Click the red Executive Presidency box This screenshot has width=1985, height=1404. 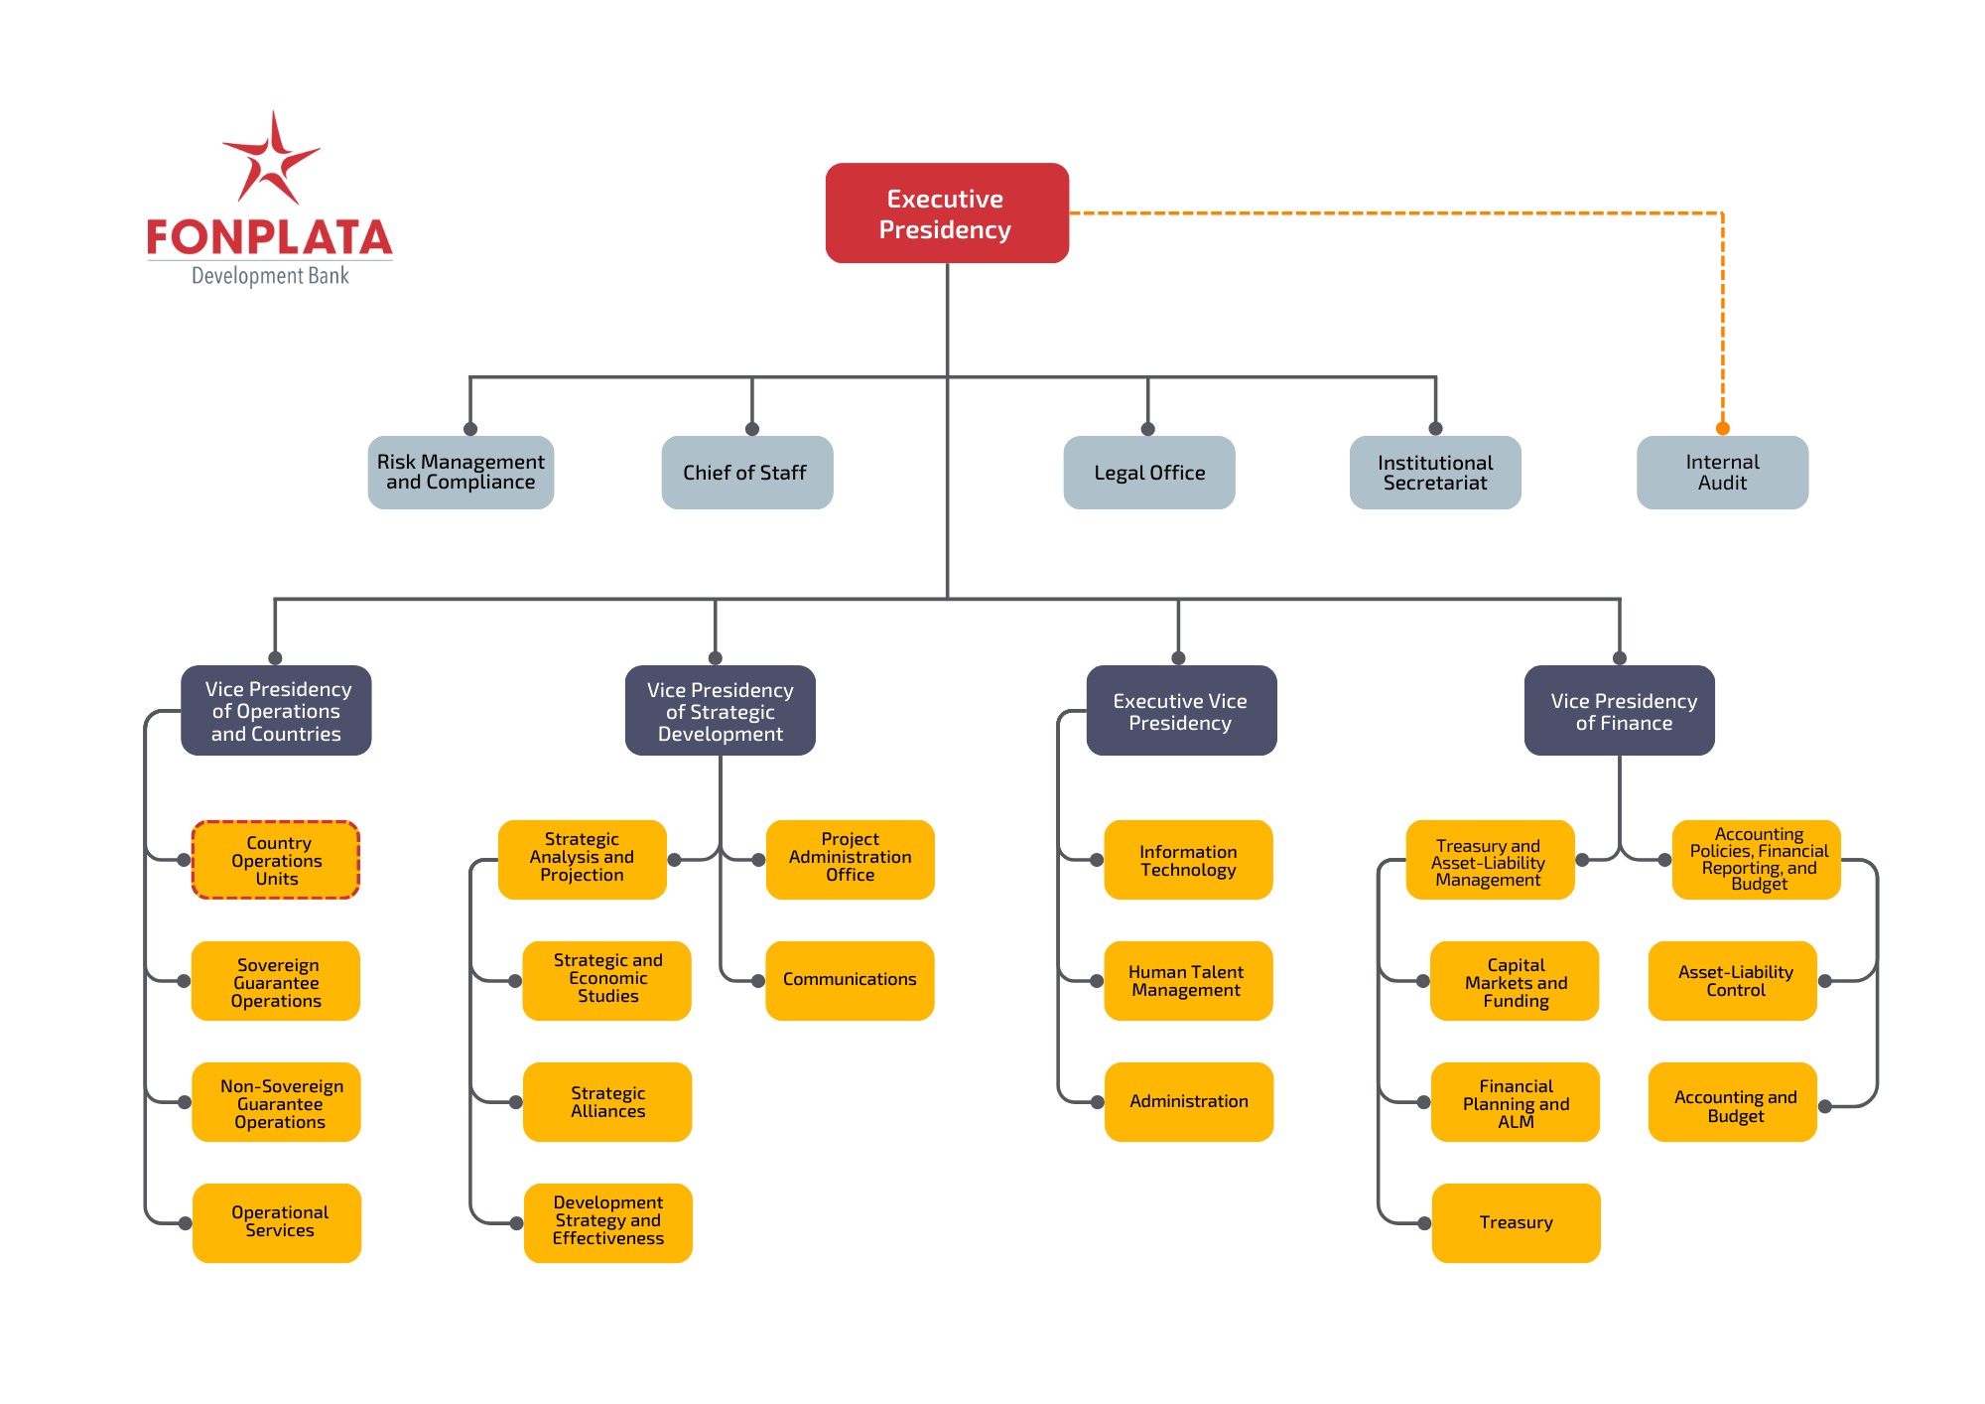pos(947,213)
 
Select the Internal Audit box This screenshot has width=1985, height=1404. pos(1722,473)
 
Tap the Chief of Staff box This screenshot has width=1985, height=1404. pos(746,473)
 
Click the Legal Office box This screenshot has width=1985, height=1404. pos(1148,473)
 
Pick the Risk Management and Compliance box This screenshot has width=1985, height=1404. pos(461,473)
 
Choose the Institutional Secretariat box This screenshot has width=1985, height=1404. pos(1435,473)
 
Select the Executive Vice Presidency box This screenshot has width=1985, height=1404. pos(1181,711)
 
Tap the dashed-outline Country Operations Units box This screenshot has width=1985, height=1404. pos(276,860)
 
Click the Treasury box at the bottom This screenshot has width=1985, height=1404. pos(1516,1222)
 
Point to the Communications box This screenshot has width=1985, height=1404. pos(850,980)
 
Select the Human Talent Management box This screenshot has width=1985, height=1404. pos(1188,980)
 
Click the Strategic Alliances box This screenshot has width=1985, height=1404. pos(607,1102)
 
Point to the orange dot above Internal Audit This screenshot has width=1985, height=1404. pos(1723,429)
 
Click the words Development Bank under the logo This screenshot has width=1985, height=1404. pos(270,276)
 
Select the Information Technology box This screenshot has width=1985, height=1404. pos(1188,860)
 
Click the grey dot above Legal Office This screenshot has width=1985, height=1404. pos(1148,429)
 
